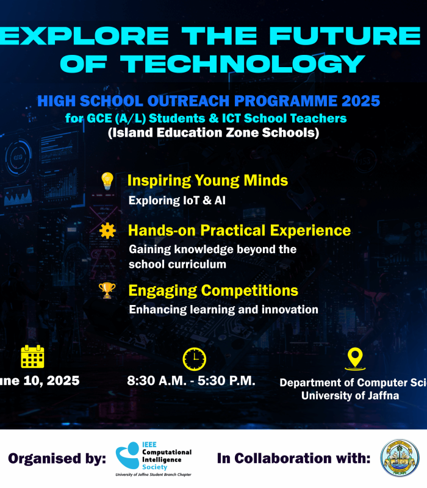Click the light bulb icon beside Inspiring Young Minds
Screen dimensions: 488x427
(107, 181)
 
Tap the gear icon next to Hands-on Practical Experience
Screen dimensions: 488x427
(107, 231)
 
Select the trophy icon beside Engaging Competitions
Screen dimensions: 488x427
(107, 290)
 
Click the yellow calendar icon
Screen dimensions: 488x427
(32, 357)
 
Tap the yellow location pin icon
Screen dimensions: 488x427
(354, 359)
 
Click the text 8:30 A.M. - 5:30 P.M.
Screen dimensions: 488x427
(191, 381)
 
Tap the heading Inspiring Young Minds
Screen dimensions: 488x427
(207, 181)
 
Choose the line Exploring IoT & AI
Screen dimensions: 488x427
(177, 200)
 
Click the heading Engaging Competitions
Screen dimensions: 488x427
(213, 290)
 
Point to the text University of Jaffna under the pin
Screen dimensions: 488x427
(349, 395)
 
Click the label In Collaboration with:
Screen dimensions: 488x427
(293, 459)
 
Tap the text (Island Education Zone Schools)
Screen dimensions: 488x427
(213, 132)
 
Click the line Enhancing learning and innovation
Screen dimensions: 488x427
(223, 310)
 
